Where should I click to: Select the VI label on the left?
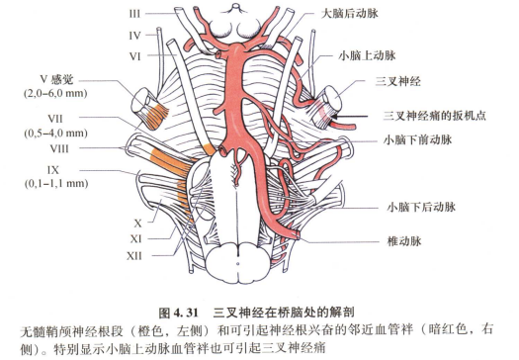pyautogui.click(x=135, y=56)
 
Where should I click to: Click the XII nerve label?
pyautogui.click(x=136, y=255)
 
